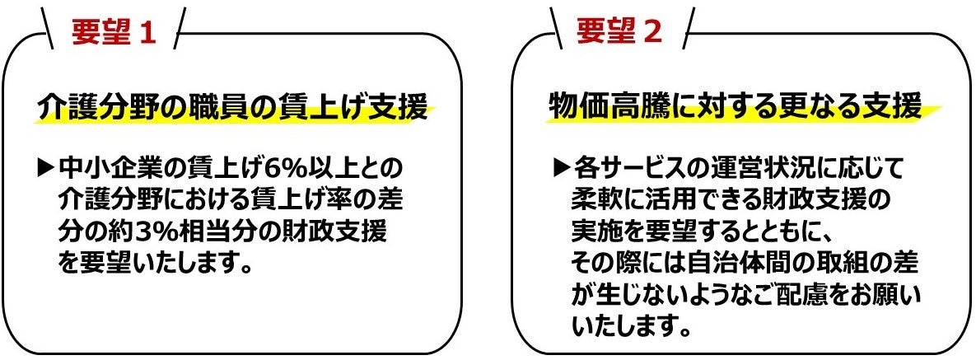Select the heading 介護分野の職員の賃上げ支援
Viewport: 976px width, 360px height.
(233, 107)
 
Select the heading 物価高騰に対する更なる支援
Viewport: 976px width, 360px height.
(735, 107)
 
